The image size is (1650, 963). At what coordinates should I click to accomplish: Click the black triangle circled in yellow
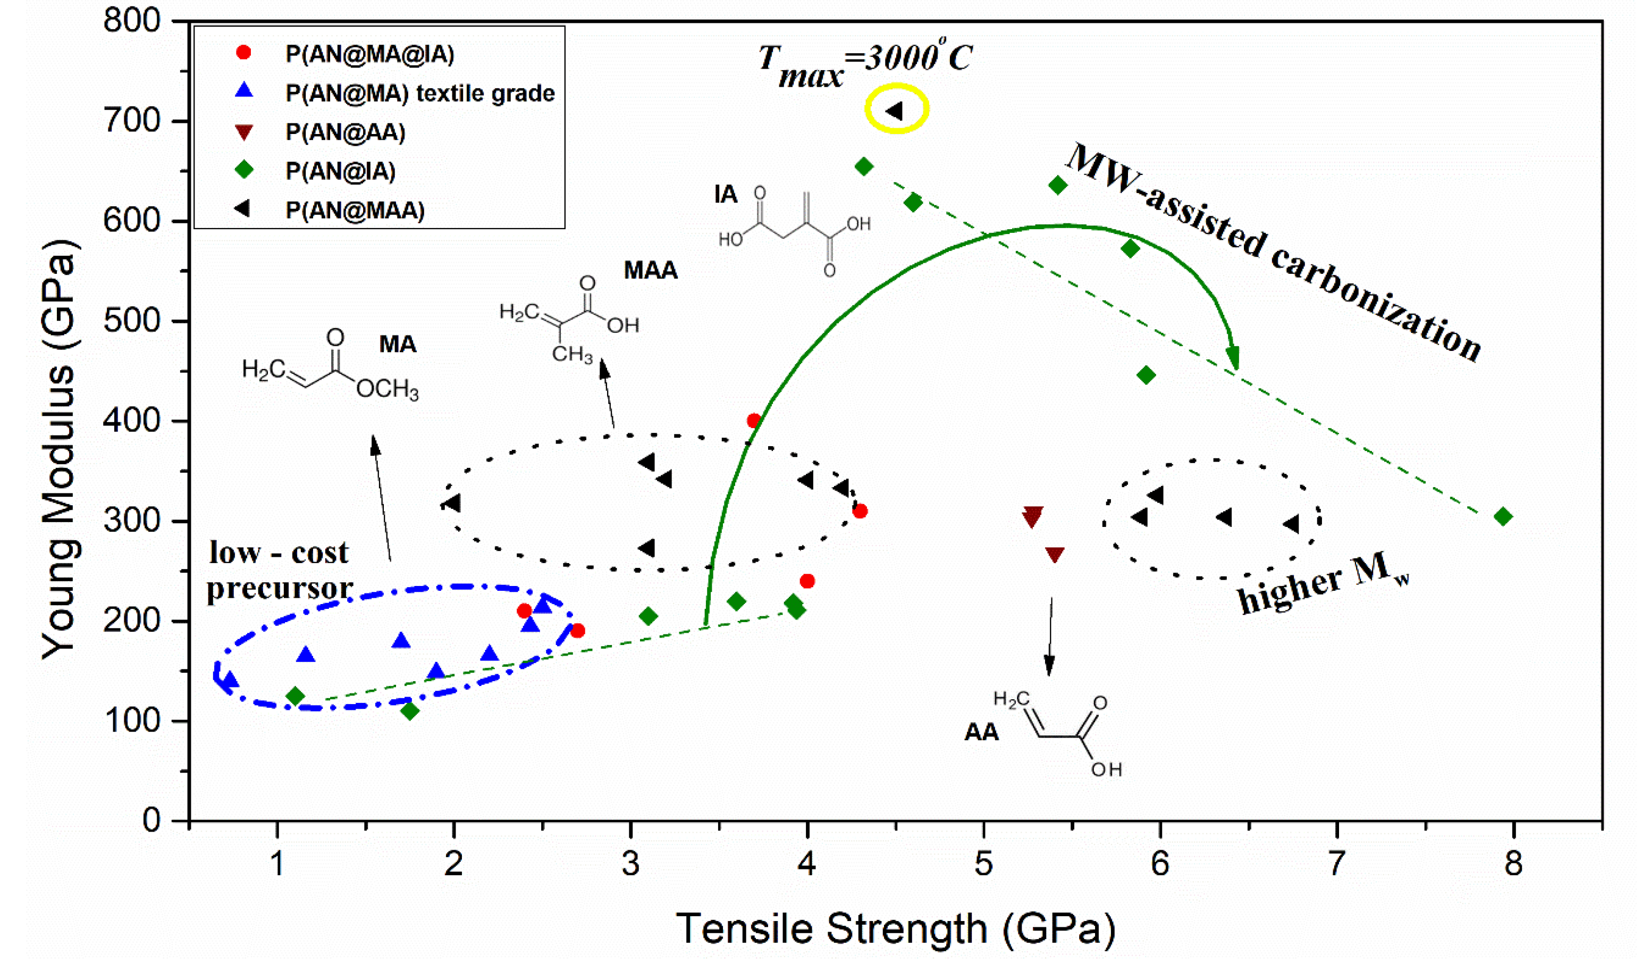point(895,111)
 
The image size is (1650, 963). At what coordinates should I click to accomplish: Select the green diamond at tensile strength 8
point(1503,517)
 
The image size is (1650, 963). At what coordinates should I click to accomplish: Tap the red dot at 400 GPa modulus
point(754,421)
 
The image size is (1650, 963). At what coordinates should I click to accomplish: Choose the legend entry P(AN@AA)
point(345,132)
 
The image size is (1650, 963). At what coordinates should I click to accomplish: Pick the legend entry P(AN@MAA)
point(355,210)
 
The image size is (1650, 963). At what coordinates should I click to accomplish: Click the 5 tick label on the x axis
point(983,864)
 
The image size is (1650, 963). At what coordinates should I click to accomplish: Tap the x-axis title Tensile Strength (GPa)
point(895,928)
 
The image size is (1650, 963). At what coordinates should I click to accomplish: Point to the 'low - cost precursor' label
point(280,571)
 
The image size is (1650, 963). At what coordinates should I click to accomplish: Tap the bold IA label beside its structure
point(726,195)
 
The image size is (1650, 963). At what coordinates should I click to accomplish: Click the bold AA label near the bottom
point(981,732)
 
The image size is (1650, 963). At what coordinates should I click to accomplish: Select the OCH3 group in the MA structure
point(387,390)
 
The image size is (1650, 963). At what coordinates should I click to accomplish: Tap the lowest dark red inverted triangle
point(1054,555)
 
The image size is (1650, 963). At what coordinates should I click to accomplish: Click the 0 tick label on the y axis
point(152,820)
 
